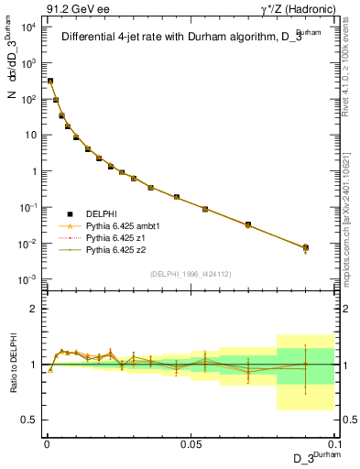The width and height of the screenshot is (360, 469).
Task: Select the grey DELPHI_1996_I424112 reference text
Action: [x=190, y=272]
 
